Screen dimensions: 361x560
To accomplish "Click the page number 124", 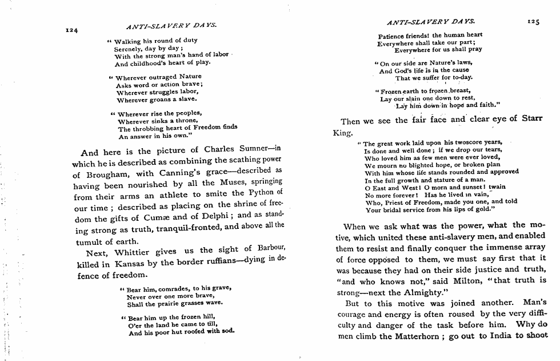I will click(71, 29).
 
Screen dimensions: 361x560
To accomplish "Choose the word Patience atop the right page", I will click(391, 35).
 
